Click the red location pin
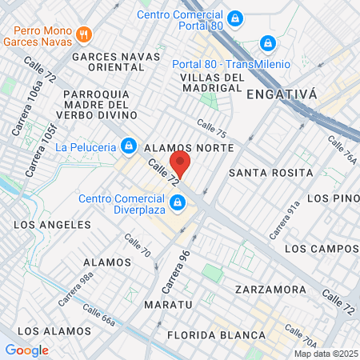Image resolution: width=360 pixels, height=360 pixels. point(181,164)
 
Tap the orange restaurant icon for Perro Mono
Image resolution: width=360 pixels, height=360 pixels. point(86,34)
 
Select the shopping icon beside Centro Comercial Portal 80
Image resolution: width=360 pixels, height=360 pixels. point(234,17)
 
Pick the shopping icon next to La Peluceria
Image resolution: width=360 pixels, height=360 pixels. point(128,145)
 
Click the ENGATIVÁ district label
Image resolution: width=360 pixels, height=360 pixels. point(282,94)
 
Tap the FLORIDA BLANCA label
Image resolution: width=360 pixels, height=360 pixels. point(216,334)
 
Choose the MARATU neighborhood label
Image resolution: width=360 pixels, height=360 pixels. point(168,305)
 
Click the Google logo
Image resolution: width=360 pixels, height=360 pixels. point(26,350)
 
